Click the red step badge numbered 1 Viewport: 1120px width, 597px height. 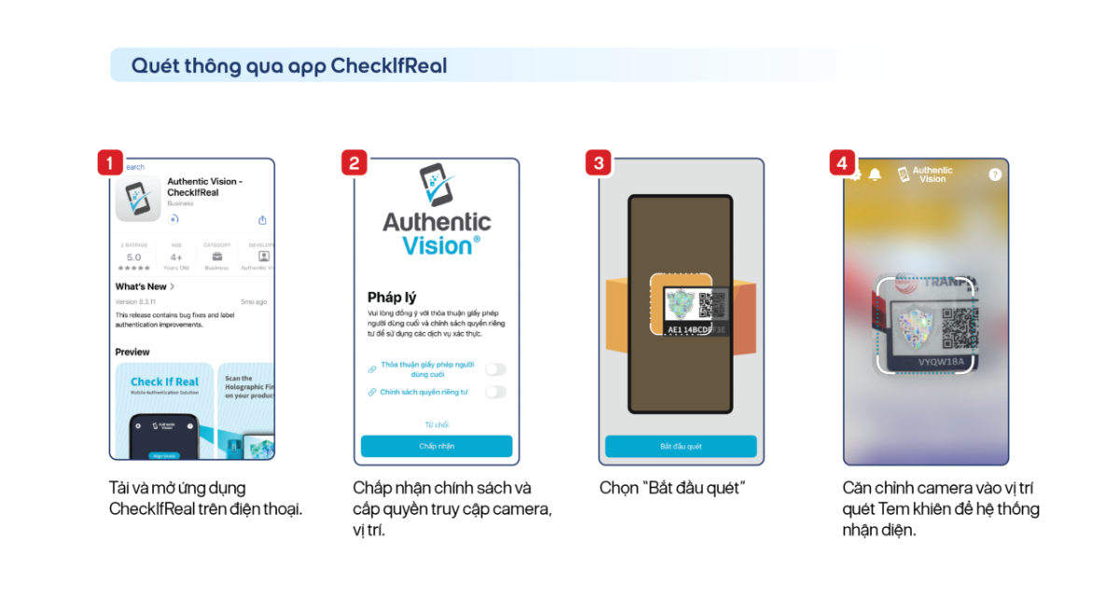click(x=109, y=163)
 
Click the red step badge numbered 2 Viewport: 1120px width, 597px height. click(x=354, y=163)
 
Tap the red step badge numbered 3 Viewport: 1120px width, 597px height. click(x=598, y=163)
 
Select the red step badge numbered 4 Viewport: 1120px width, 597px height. click(x=843, y=163)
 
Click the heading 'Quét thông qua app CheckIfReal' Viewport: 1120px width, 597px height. click(x=288, y=65)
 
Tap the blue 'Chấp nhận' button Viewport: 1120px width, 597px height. click(x=436, y=446)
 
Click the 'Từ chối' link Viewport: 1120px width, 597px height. click(x=436, y=424)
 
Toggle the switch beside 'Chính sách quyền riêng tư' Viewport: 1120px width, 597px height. click(x=496, y=392)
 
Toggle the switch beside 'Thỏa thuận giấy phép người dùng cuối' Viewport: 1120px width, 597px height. click(x=496, y=369)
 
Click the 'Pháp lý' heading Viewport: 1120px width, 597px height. click(x=391, y=298)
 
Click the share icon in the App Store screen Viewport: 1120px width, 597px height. click(x=262, y=220)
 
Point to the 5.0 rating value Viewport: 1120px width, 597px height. click(x=133, y=257)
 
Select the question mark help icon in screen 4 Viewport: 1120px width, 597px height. click(x=995, y=174)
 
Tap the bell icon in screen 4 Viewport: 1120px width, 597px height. click(x=875, y=175)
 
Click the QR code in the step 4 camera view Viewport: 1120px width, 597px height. click(x=959, y=328)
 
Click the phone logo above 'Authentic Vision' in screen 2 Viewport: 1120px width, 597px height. click(x=436, y=185)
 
